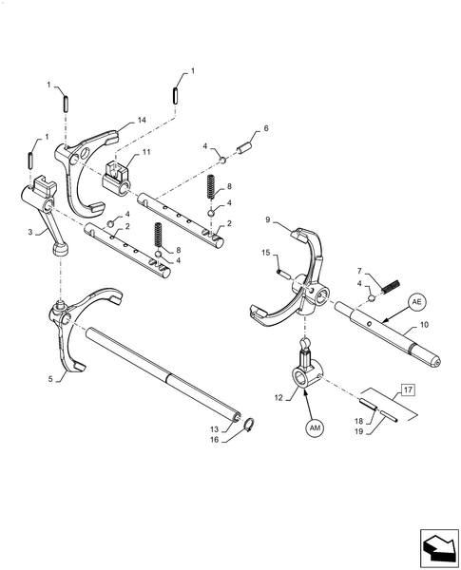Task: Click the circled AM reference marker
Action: [316, 428]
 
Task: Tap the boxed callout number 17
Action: [407, 389]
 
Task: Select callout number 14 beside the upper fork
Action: [142, 120]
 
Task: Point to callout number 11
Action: [146, 152]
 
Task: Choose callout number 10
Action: [424, 325]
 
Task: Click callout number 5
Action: [49, 379]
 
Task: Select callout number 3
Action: [31, 231]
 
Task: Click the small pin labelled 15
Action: [283, 273]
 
